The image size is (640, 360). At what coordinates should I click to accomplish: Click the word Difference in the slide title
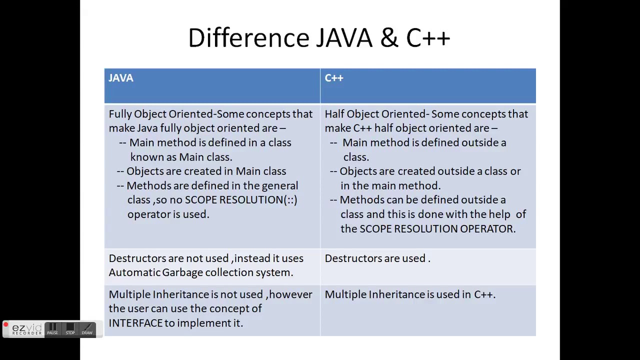(x=248, y=38)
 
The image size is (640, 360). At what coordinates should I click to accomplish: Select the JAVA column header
(x=121, y=78)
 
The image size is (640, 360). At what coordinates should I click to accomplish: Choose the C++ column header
(x=334, y=78)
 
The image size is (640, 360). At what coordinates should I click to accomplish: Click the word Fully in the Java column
(x=120, y=114)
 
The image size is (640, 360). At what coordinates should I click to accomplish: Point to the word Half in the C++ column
(x=334, y=114)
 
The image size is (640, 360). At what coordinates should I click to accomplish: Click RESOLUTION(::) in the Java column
(x=258, y=199)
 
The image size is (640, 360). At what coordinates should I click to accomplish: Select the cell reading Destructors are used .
(x=377, y=258)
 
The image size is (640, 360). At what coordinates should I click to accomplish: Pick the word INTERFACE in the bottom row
(x=135, y=323)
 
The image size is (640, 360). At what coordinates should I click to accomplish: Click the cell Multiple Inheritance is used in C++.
(x=410, y=294)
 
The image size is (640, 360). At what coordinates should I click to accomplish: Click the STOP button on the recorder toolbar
(x=70, y=329)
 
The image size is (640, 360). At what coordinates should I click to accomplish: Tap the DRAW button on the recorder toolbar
(x=87, y=329)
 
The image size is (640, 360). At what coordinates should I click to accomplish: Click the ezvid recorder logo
(x=27, y=329)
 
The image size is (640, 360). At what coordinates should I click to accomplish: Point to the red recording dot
(x=5, y=325)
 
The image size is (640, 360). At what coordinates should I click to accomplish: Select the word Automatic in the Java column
(x=134, y=272)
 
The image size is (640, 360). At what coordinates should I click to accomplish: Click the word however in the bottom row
(x=290, y=294)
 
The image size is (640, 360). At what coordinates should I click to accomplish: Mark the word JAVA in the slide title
(x=344, y=38)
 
